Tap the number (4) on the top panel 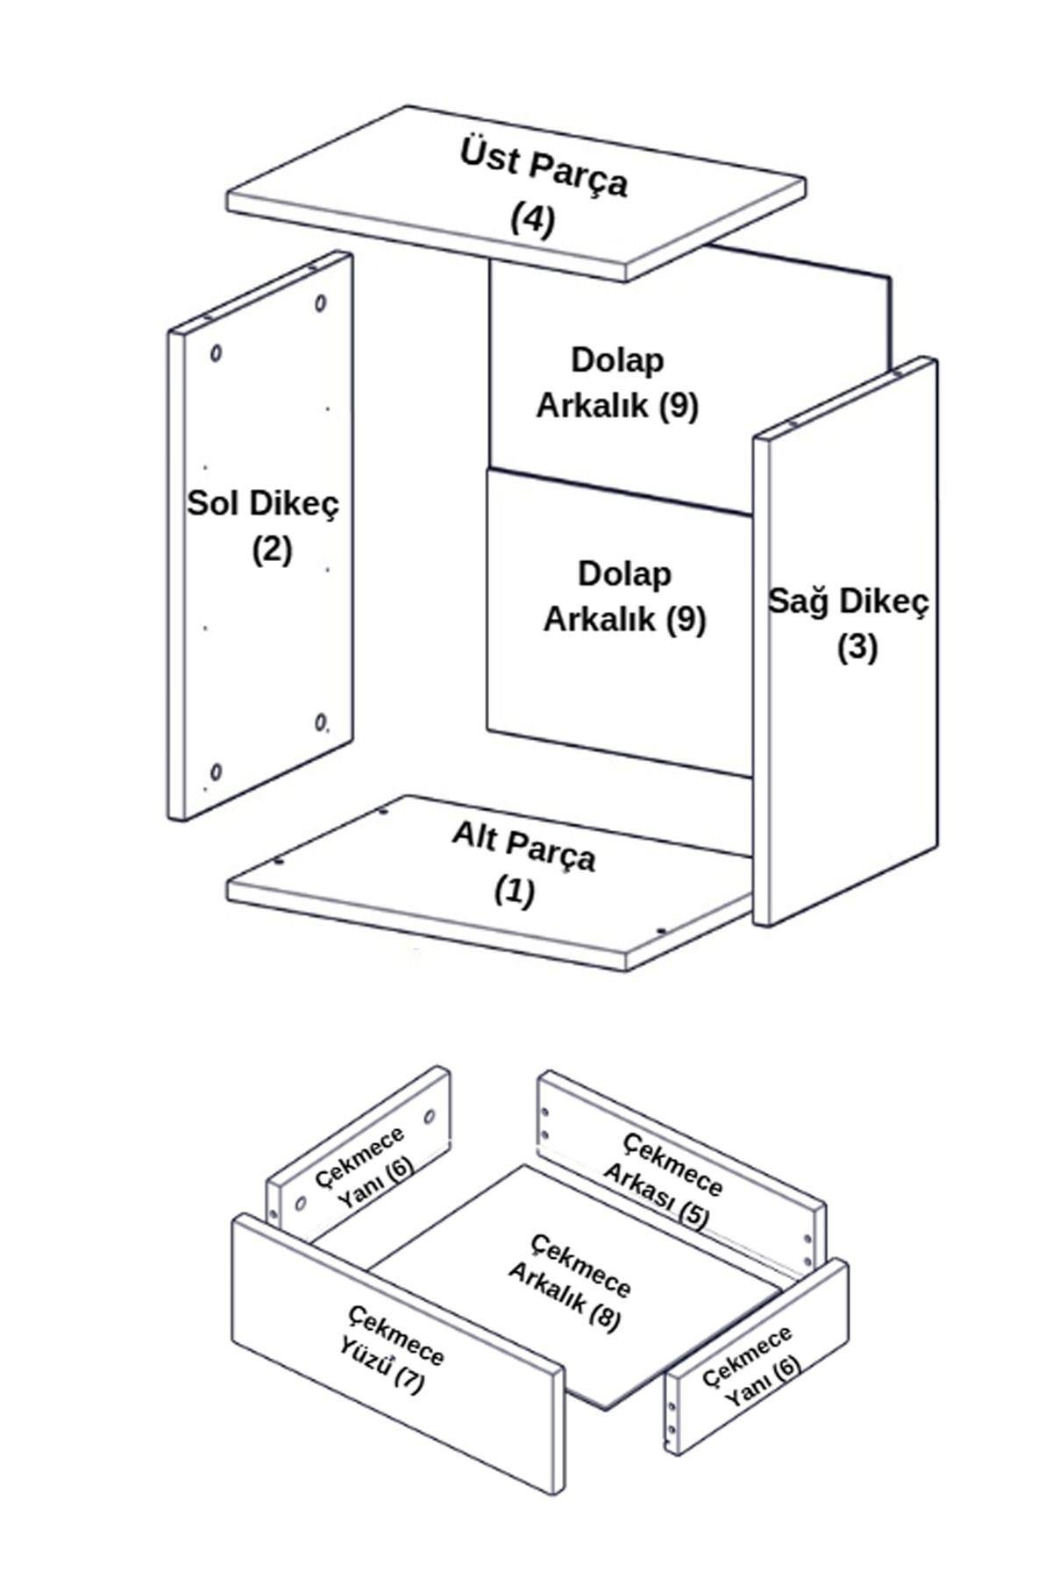533,219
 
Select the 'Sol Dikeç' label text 262,504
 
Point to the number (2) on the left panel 272,550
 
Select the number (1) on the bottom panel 514,892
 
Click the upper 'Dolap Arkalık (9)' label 617,382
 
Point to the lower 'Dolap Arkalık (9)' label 624,596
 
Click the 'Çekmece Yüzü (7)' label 395,1347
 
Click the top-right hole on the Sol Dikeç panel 321,303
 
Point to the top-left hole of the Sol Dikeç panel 216,353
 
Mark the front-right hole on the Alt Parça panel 662,931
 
